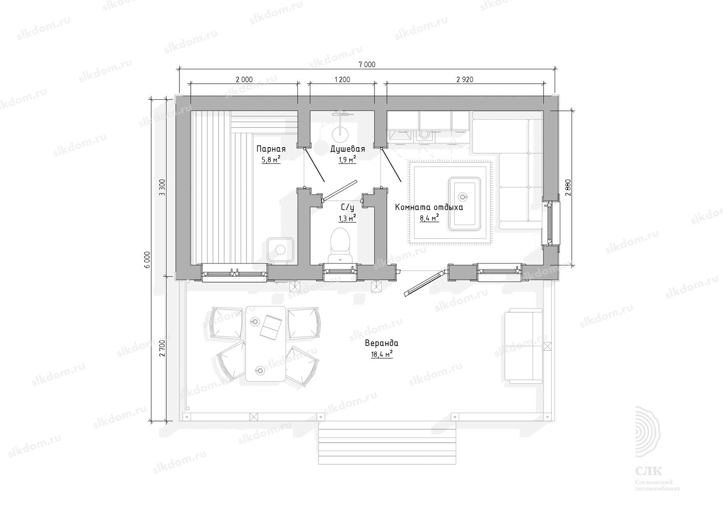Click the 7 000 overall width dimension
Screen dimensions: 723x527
[x=367, y=65]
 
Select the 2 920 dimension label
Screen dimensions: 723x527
[x=465, y=80]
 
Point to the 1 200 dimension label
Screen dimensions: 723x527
[x=342, y=80]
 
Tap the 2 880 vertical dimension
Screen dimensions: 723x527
[x=568, y=188]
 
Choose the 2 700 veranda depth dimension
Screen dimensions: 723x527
[x=162, y=348]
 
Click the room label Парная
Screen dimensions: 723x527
[x=271, y=149]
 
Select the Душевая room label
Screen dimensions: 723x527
[x=348, y=149]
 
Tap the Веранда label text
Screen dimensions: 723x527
[x=381, y=343]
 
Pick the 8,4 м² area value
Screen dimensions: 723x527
[x=429, y=218]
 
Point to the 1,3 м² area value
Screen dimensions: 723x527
[x=347, y=219]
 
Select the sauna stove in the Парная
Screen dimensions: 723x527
[x=280, y=250]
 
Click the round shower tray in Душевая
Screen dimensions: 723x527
[x=340, y=134]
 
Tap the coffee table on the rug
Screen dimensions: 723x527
[x=464, y=203]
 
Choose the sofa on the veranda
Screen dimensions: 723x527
[x=523, y=345]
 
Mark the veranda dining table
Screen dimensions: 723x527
[x=266, y=344]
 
